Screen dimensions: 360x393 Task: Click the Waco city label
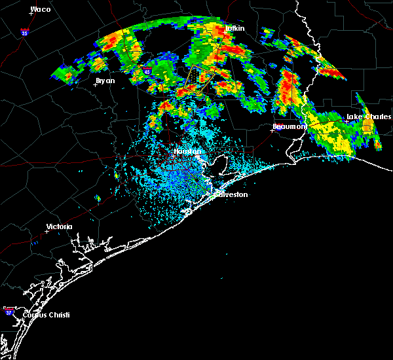tap(41, 10)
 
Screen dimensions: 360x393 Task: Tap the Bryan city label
tap(105, 81)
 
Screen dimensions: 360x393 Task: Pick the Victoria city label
tap(59, 227)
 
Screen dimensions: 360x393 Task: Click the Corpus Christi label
tap(46, 315)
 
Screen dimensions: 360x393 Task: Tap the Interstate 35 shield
tap(24, 31)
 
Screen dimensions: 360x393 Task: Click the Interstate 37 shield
tap(9, 309)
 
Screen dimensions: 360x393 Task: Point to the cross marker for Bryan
tap(96, 84)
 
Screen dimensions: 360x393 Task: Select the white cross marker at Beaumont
tap(272, 130)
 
